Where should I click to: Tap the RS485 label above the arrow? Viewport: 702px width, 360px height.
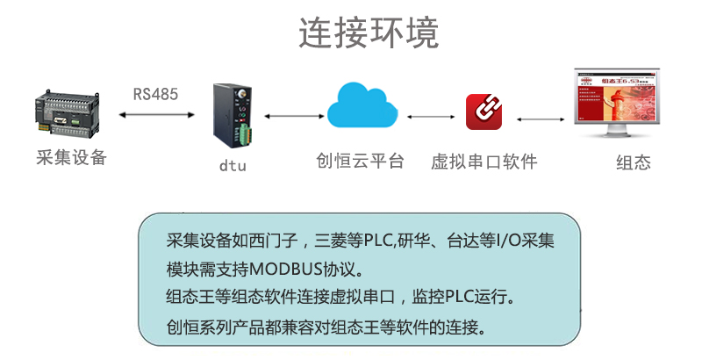155,93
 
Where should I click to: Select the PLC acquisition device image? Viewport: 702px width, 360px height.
69,113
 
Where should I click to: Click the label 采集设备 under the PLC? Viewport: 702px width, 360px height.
70,158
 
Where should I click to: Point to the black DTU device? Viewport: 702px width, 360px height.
231,112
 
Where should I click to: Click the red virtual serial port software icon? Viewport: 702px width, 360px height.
484,112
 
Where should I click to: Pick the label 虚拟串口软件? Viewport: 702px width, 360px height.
484,162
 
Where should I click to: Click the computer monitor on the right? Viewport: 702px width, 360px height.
614,104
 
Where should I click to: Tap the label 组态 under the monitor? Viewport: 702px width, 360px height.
634,162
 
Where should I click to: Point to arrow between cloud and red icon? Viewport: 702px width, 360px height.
429,116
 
